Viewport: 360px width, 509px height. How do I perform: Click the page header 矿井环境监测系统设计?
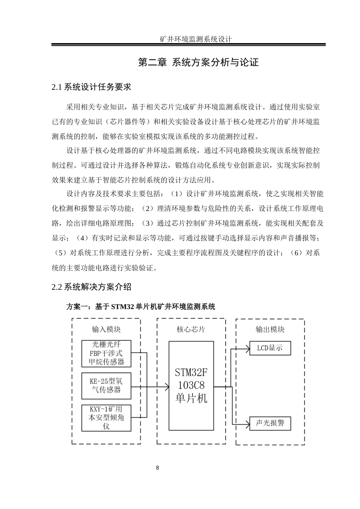(196, 39)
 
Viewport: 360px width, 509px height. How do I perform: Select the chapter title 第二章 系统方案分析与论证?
(199, 62)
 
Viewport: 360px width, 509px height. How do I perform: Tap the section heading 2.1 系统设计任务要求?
(91, 87)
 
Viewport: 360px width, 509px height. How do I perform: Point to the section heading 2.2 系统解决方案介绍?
(91, 287)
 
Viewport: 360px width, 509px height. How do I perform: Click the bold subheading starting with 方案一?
(141, 307)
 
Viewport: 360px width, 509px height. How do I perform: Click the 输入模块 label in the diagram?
(106, 329)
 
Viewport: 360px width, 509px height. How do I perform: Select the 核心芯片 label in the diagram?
(191, 329)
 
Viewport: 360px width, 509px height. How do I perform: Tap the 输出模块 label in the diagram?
(270, 329)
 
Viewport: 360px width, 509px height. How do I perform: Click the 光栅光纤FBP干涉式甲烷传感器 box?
(106, 354)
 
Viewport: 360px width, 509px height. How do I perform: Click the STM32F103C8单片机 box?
(191, 386)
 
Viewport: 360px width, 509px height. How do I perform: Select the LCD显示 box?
(270, 348)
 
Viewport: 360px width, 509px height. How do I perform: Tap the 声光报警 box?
(270, 423)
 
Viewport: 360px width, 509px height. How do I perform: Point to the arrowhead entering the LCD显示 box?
(247, 348)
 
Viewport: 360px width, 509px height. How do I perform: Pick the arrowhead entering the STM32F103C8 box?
(167, 387)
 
